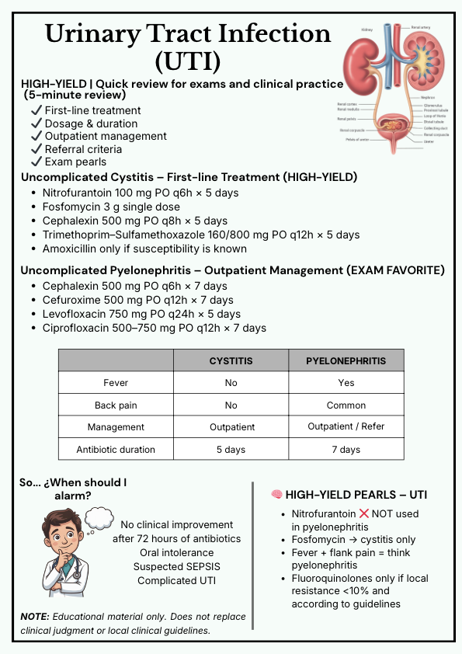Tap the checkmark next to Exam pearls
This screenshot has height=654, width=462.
[x=36, y=162]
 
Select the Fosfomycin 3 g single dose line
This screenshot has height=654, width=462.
[x=111, y=207]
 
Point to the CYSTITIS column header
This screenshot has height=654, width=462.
[x=231, y=361]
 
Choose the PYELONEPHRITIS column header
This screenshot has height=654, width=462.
[x=346, y=361]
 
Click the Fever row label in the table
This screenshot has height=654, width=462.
[x=116, y=383]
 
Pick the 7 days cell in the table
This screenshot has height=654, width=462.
[x=346, y=449]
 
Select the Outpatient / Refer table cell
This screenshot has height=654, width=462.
[x=346, y=426]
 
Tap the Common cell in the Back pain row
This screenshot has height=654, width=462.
[x=346, y=405]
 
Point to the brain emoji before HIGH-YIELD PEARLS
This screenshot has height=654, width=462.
[x=276, y=495]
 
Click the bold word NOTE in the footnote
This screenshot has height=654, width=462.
[x=36, y=617]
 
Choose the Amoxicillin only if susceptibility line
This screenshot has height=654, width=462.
[x=144, y=249]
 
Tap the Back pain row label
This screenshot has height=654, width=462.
[x=116, y=405]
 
